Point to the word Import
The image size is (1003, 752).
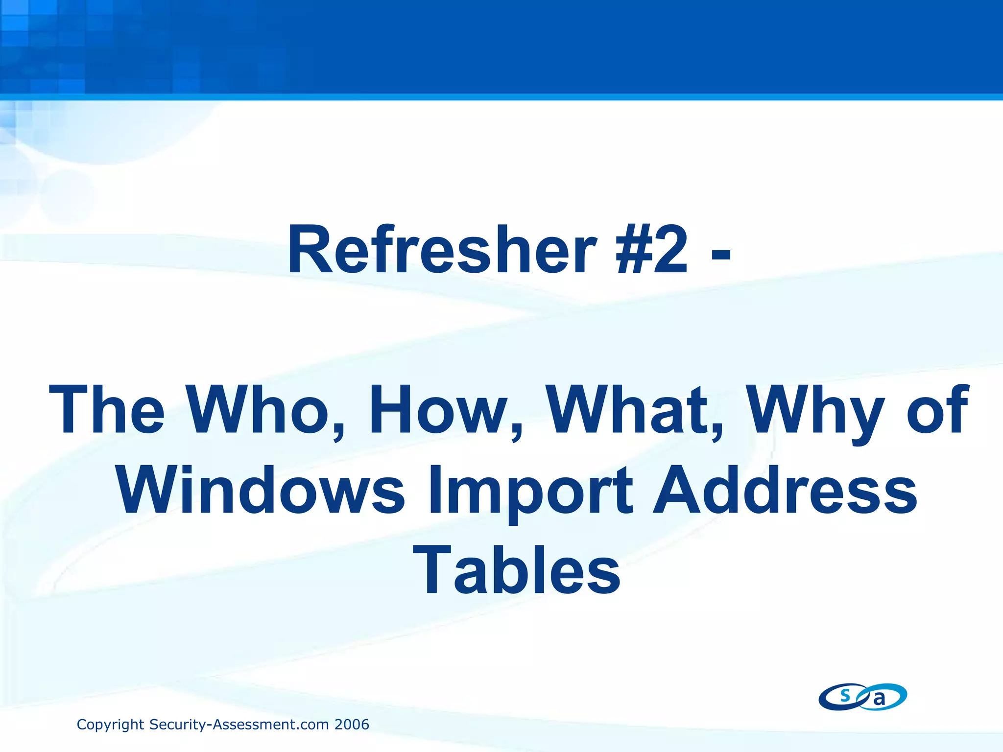[x=531, y=491]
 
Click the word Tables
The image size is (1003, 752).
[x=517, y=570]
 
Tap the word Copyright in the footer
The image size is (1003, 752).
[x=111, y=725]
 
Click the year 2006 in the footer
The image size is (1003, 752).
[x=352, y=725]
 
